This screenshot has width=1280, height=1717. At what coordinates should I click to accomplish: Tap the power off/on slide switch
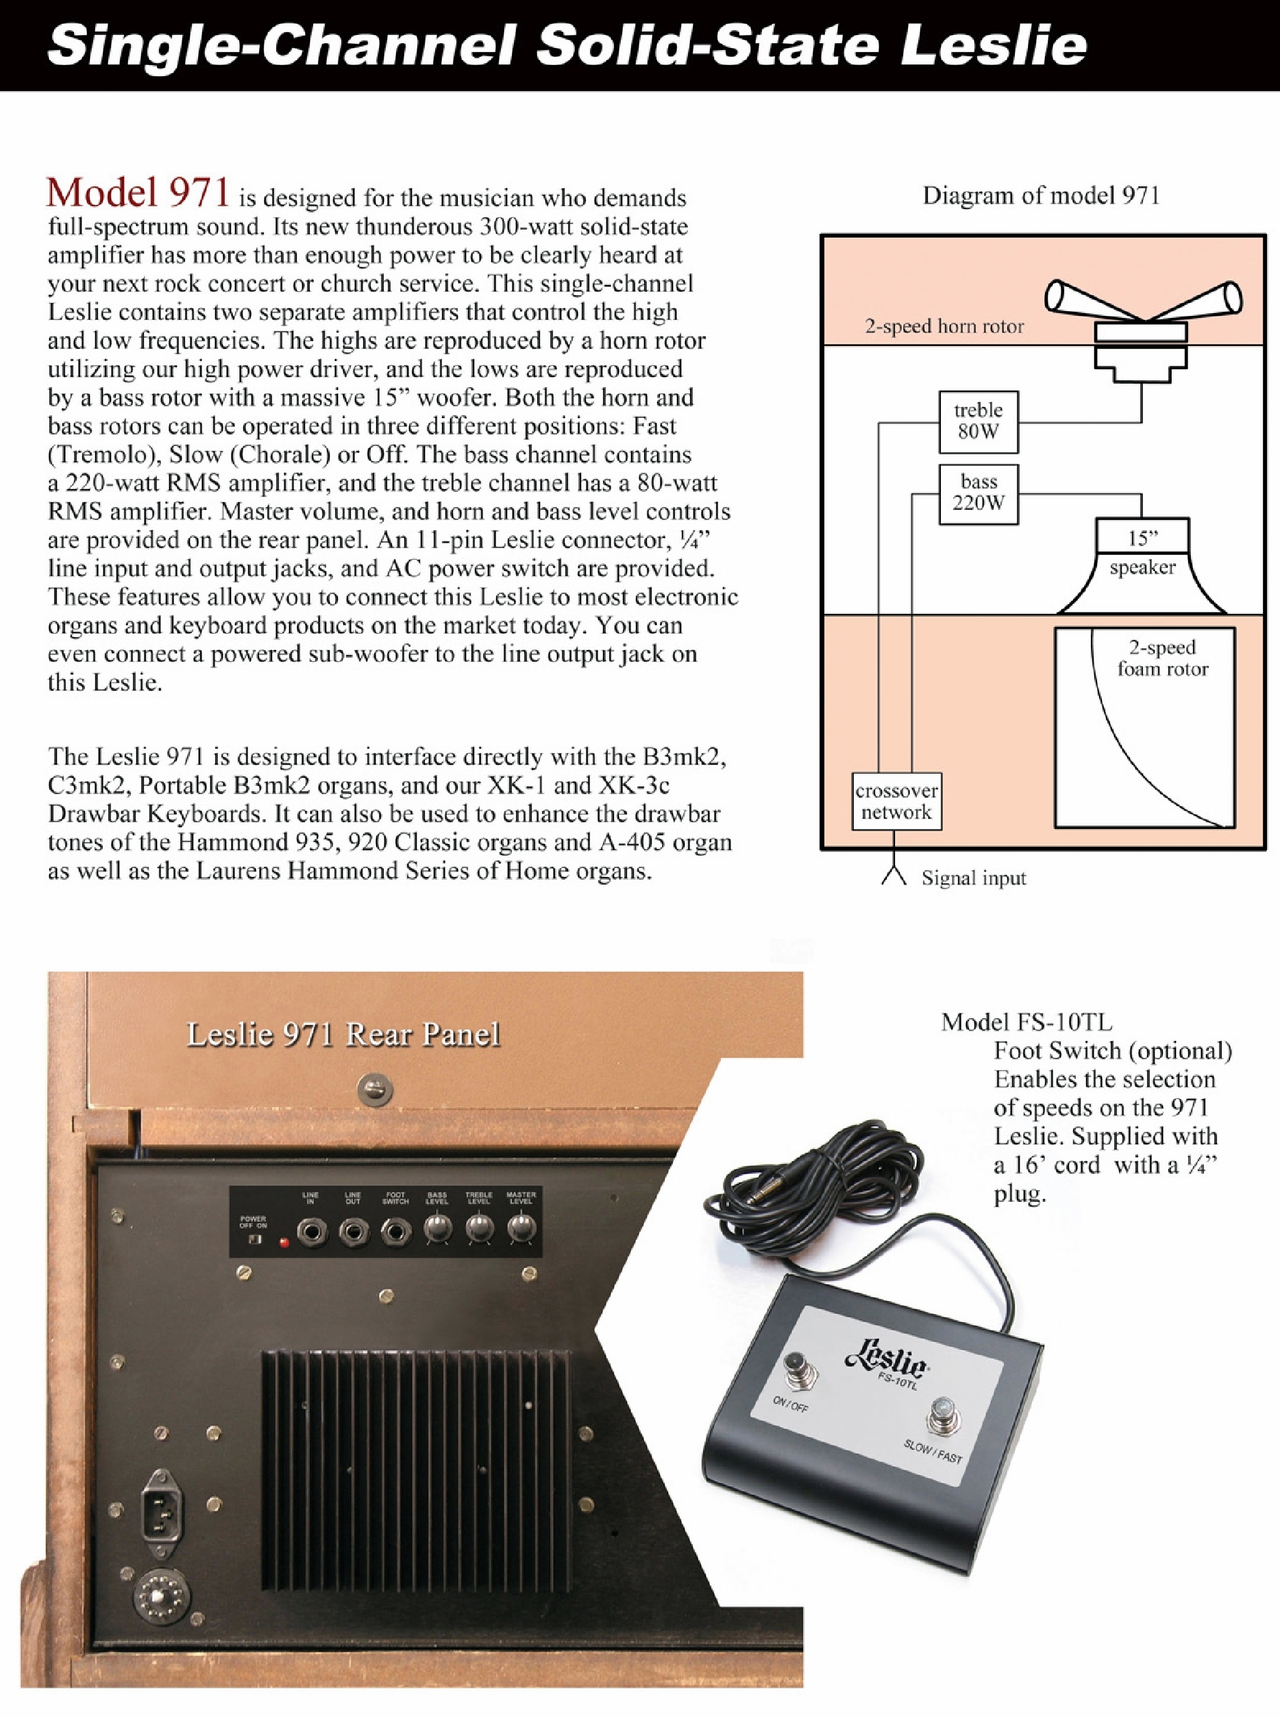(254, 1239)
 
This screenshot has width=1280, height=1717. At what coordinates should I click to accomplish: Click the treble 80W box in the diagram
(978, 421)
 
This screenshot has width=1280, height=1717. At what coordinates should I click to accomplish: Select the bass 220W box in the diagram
(978, 493)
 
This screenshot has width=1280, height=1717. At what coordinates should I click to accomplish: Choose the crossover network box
(896, 801)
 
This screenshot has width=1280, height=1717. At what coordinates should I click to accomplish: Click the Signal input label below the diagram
(973, 878)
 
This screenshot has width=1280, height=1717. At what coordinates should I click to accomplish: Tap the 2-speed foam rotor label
(1162, 658)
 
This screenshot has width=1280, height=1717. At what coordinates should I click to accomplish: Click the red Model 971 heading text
(138, 194)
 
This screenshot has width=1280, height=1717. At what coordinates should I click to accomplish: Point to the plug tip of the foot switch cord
(751, 1198)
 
